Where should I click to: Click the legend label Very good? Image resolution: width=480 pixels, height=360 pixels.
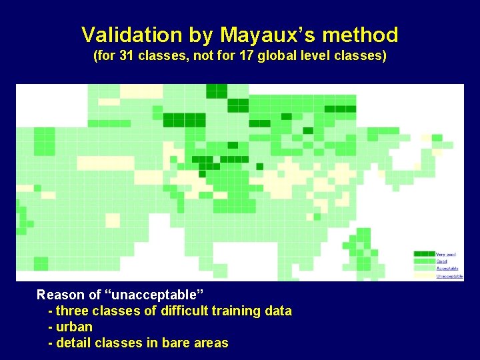point(445,254)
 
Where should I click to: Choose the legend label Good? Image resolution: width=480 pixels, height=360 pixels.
point(442,261)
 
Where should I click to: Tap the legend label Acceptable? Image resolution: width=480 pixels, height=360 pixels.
point(447,269)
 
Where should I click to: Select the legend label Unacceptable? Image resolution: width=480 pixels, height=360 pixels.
point(449,276)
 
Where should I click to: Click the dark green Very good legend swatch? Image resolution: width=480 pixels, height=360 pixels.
point(424,254)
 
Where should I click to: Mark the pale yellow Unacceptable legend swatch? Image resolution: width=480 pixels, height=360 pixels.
point(424,276)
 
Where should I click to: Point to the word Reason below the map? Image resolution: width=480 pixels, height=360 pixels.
point(60,295)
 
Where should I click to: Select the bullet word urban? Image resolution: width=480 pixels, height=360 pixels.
point(75,327)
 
